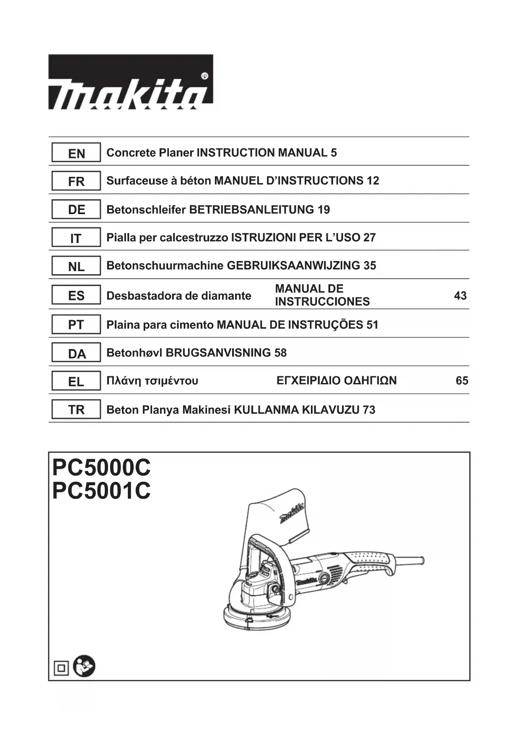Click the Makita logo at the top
point(130,82)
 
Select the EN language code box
point(76,153)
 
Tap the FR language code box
point(76,181)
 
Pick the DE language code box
point(76,210)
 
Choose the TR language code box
point(76,409)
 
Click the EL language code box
point(76,381)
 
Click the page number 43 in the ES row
point(460,296)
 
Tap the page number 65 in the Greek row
point(462,381)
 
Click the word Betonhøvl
point(135,353)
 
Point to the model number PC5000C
point(101,467)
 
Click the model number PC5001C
point(101,491)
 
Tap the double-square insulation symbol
point(61,668)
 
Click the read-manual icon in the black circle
point(84,666)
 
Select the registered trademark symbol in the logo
point(204,76)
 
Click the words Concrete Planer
point(150,153)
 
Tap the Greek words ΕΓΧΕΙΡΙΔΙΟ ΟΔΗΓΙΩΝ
point(336,381)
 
